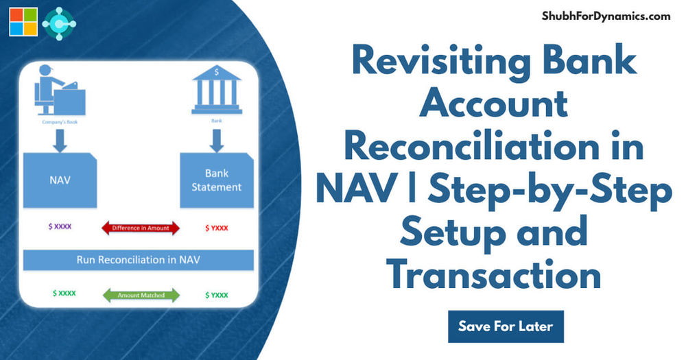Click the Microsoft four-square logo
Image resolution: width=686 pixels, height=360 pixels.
point(22,23)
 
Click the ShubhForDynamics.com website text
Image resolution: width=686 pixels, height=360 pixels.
point(606,16)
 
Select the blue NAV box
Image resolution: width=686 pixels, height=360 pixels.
point(60,180)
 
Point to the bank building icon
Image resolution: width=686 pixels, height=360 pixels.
point(216,89)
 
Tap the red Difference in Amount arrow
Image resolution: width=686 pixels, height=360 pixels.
point(141,228)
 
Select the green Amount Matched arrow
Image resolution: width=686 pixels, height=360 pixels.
point(141,295)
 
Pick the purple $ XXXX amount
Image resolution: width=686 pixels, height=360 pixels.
point(60,226)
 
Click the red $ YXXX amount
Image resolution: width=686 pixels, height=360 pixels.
point(217,227)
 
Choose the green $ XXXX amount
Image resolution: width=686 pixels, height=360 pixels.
point(64,293)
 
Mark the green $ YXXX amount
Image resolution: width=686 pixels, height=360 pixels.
point(217,295)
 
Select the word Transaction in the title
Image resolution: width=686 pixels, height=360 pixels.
point(493,274)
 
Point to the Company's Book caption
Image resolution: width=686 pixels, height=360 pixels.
point(59,123)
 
